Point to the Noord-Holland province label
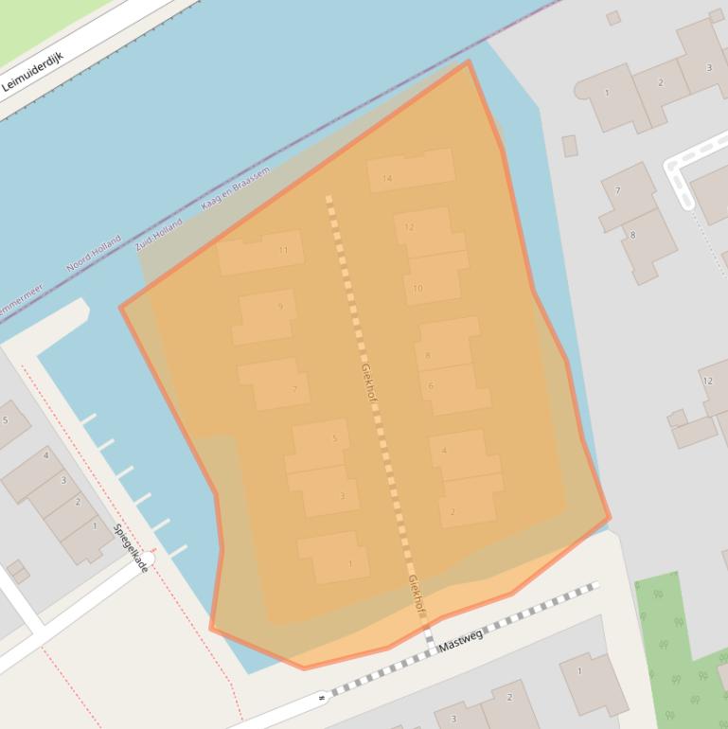coord(93,253)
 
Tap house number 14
coord(387,178)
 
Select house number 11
coord(283,250)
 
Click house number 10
coord(417,288)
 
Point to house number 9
coord(280,307)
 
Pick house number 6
coord(431,385)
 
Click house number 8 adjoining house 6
coord(428,355)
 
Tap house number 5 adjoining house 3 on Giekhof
coord(334,438)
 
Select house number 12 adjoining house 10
coord(409,227)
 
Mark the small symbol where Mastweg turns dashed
coord(322,699)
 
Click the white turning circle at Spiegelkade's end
coord(146,560)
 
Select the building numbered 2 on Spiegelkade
coord(78,502)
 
